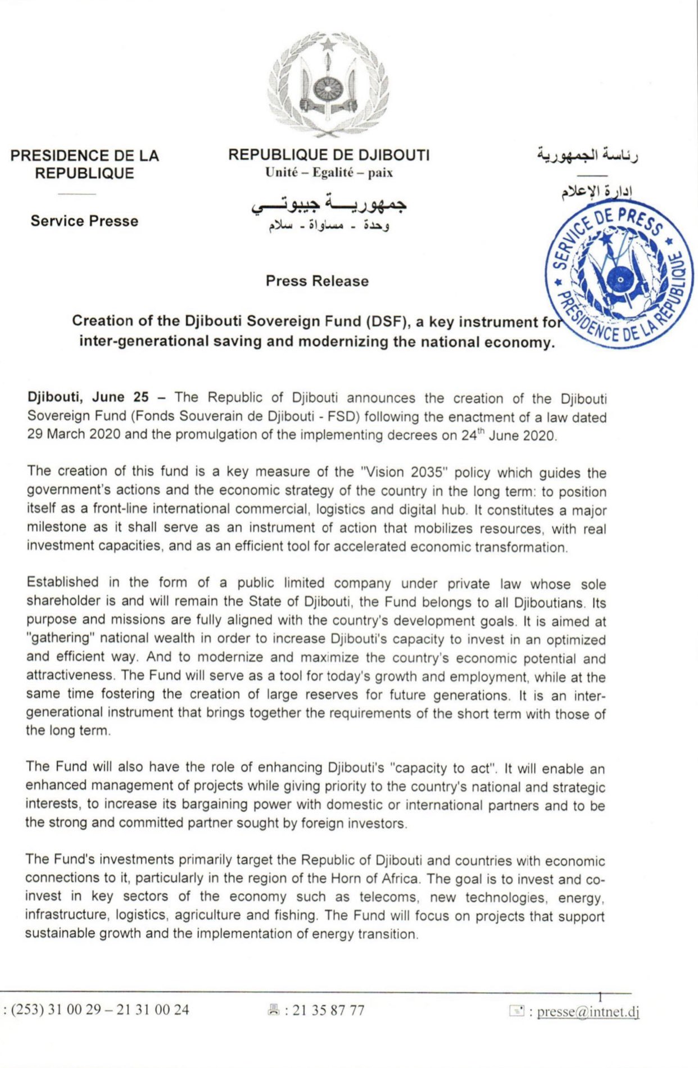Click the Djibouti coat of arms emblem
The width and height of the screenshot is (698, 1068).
tap(328, 84)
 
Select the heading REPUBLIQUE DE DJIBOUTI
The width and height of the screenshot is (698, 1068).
tap(329, 155)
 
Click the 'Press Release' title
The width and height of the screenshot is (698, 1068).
tap(317, 281)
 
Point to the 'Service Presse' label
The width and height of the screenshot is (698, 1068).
tap(84, 221)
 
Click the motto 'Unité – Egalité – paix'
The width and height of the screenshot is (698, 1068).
tap(329, 173)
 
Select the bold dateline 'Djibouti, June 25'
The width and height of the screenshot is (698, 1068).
tap(88, 397)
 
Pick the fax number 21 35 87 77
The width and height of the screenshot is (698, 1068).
tap(328, 1011)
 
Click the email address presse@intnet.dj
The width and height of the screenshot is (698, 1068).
tap(588, 1012)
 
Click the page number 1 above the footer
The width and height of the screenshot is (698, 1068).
tap(600, 998)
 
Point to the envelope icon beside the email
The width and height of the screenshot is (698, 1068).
tap(516, 1011)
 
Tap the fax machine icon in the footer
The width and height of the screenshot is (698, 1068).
tap(274, 1011)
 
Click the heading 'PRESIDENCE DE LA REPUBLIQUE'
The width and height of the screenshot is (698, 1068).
tap(84, 164)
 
